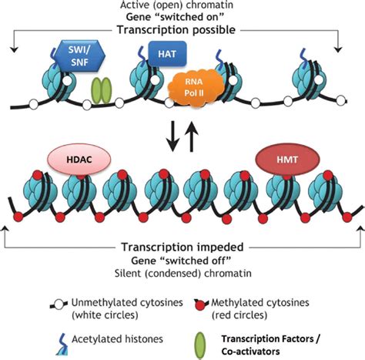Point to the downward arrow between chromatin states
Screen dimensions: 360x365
(172, 136)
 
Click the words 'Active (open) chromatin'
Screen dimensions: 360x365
(182, 6)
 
